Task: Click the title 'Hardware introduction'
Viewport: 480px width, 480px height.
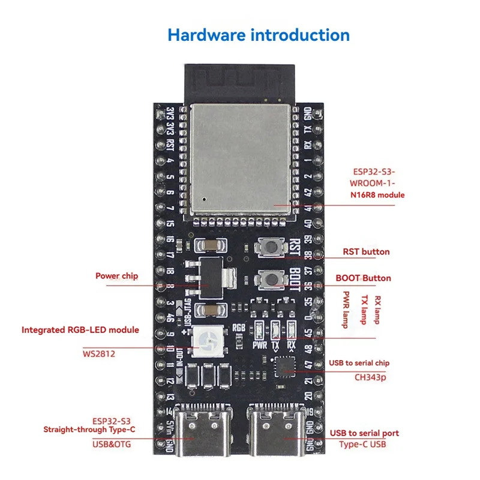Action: pos(258,34)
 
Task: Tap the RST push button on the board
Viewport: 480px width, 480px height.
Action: pos(269,246)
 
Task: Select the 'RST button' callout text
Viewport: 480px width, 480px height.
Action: pos(365,252)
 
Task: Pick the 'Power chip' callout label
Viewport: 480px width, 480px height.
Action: pos(116,276)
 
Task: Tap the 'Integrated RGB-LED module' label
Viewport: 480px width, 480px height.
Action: pos(80,330)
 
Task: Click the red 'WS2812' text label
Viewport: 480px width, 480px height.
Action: pos(98,354)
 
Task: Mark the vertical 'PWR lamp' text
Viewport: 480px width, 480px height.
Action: pos(346,306)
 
